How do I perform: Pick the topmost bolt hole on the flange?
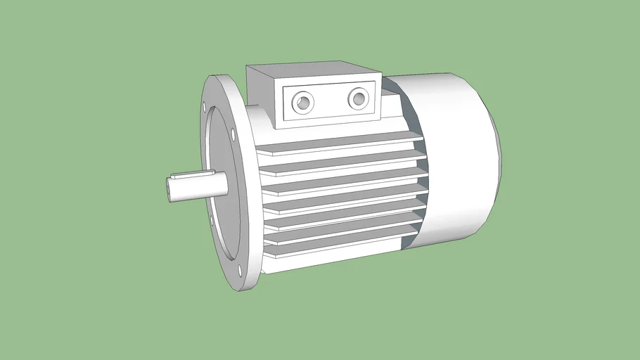[x=205, y=107]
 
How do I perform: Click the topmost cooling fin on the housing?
[x=338, y=146]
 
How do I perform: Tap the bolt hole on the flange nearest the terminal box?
[x=233, y=131]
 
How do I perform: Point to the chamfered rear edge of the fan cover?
[x=496, y=162]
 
